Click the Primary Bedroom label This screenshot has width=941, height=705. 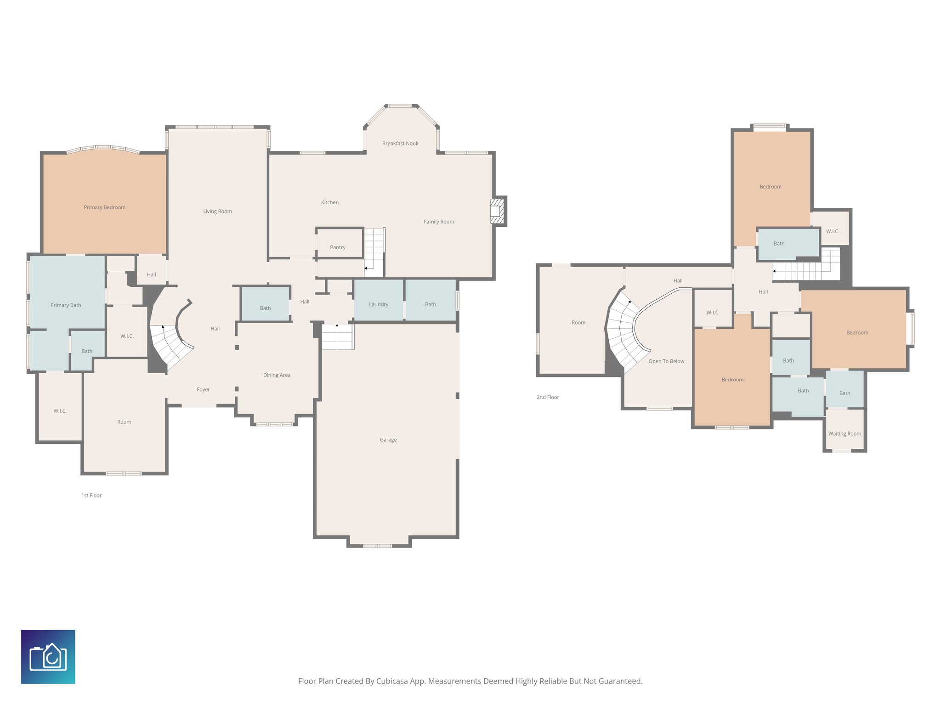104,207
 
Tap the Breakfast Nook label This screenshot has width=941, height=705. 400,144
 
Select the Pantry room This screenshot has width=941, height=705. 338,247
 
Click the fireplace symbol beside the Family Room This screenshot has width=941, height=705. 497,211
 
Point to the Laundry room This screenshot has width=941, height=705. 379,304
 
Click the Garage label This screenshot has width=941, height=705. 388,440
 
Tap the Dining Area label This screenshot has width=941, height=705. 277,375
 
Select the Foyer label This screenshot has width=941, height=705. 203,389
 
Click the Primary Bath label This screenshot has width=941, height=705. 66,305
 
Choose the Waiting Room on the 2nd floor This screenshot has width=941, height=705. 845,433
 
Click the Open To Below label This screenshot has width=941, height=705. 666,361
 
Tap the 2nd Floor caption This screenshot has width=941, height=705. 548,397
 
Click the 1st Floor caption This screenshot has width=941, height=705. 91,495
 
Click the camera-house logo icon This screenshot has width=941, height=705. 48,657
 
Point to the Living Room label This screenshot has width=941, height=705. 217,212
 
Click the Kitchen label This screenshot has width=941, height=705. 329,202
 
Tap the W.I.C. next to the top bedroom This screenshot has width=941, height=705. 832,231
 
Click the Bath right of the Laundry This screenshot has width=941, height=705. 431,304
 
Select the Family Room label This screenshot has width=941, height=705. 438,222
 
